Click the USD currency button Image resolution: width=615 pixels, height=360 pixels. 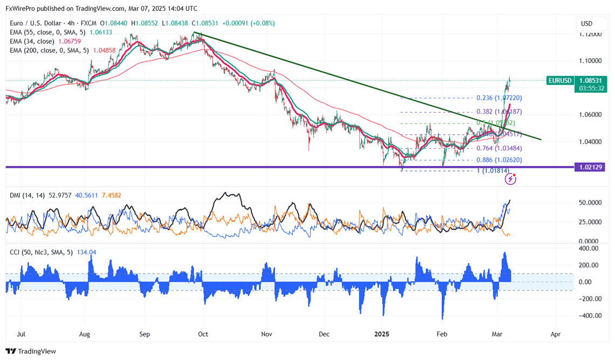[x=586, y=24]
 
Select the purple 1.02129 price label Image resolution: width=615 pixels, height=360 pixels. [x=589, y=168]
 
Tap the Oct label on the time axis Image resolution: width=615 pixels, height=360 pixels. [x=203, y=334]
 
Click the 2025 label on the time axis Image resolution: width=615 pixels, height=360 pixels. [x=383, y=334]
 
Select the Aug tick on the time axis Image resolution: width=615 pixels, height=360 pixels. [x=85, y=334]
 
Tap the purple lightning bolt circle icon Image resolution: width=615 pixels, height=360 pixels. [x=510, y=179]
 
